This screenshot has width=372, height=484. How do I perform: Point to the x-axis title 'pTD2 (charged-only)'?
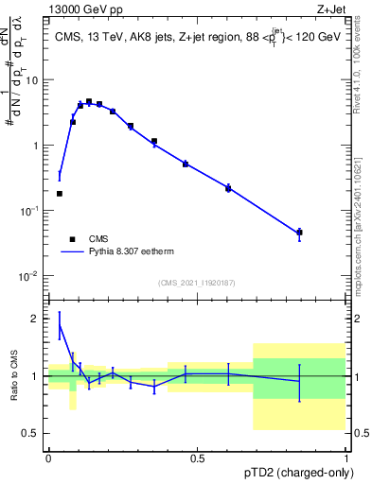(x=293, y=474)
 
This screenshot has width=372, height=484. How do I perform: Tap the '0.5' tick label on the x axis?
(x=197, y=458)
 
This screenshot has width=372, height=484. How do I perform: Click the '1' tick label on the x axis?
(x=345, y=458)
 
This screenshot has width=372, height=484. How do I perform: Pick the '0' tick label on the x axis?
(x=48, y=458)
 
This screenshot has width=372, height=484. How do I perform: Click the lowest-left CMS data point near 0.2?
(x=60, y=194)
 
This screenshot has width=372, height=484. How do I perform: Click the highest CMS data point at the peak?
(x=89, y=101)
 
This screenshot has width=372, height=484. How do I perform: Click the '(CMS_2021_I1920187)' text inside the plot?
(x=196, y=283)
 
